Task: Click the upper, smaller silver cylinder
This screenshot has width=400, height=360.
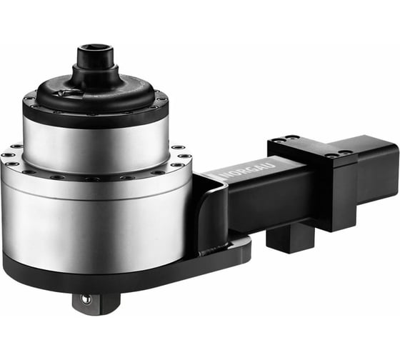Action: click(x=96, y=139)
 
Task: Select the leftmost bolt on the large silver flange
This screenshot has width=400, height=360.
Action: click(x=6, y=154)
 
